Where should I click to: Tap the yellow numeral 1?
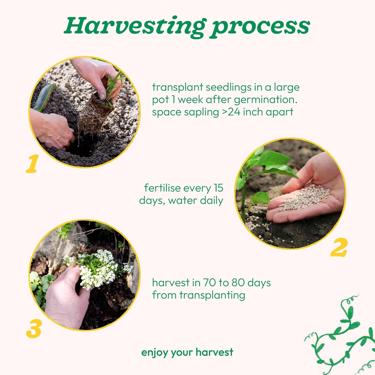pos(32,163)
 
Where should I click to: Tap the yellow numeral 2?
pos(339,247)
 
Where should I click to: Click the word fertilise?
pos(165,188)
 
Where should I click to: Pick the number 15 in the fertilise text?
pos(218,188)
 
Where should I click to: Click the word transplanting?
pos(212,295)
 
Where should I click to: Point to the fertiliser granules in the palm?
pos(306,197)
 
